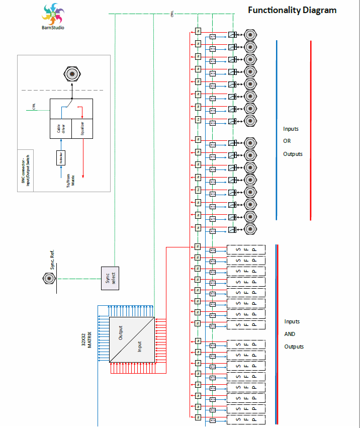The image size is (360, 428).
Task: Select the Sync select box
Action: (x=111, y=278)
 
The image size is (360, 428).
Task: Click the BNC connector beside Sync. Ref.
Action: (x=48, y=278)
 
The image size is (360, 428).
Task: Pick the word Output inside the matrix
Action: (x=121, y=332)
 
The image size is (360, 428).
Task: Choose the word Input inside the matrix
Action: (x=140, y=347)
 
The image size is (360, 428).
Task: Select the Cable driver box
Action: (x=60, y=129)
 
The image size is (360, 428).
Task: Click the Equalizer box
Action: (x=82, y=129)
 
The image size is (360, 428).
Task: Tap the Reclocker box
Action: (x=60, y=157)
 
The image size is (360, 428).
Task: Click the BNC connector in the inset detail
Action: (x=72, y=74)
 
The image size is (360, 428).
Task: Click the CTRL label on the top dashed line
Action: (x=172, y=15)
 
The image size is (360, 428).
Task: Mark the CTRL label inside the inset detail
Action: (x=34, y=106)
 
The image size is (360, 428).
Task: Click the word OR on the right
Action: (x=287, y=141)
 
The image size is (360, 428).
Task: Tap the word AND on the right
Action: (x=290, y=334)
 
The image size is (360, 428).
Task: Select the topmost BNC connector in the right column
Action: (x=250, y=35)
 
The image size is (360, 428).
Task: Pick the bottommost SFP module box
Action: (x=245, y=419)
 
